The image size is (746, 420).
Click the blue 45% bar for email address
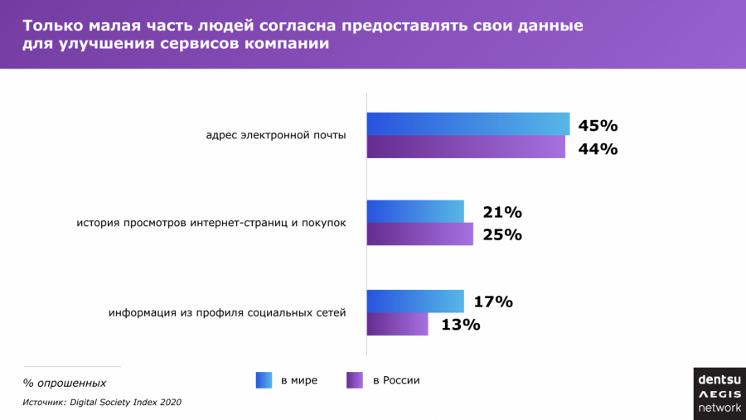coord(468,123)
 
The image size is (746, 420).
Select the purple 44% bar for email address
coord(466,147)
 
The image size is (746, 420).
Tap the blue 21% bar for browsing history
coord(415,211)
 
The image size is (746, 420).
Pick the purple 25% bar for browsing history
coord(420,234)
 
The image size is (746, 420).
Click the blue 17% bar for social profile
coord(415,302)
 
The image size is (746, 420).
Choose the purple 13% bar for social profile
coord(398,324)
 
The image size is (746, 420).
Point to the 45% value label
coord(598,126)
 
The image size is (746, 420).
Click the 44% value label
coord(598,149)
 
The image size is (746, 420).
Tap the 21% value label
coord(502,212)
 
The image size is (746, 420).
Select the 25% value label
coord(502,234)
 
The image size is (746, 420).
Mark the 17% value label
coord(493,302)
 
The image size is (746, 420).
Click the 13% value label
coord(461,325)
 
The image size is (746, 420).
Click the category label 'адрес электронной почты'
coord(276,135)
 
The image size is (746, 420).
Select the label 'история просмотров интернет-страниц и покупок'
coord(211,223)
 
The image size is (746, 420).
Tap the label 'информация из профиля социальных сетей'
coord(227,313)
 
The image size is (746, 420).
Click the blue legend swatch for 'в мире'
coord(264,380)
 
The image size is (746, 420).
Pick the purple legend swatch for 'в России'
coord(355,380)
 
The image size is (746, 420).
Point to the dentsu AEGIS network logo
coord(719,393)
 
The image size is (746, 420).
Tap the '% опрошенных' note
coord(64,383)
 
